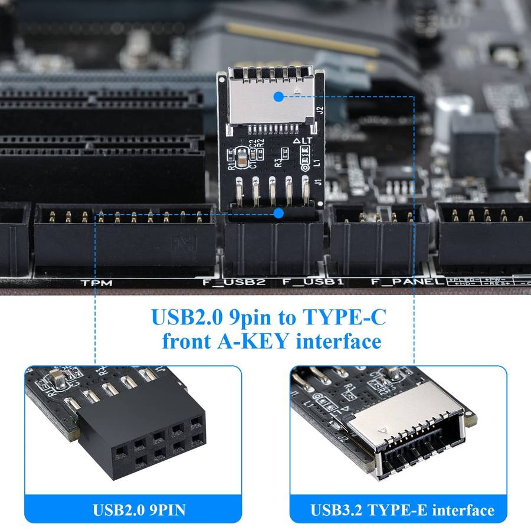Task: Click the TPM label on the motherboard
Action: (97, 283)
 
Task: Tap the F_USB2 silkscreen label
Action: (234, 282)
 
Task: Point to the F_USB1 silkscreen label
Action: (313, 282)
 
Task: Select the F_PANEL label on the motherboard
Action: (408, 282)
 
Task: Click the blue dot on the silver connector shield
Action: (278, 96)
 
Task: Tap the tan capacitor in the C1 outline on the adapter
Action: (242, 156)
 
